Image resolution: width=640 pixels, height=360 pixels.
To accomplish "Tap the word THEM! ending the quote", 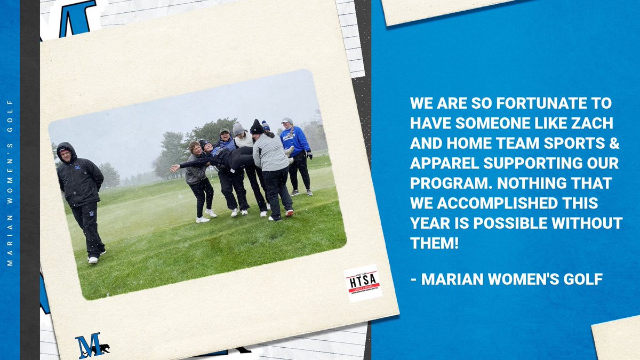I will tap(431, 243).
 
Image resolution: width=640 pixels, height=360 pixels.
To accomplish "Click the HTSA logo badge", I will tap(363, 283).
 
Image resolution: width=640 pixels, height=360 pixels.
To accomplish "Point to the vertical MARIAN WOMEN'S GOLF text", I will tap(10, 181).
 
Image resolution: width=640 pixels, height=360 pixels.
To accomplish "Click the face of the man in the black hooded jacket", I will tap(65, 154).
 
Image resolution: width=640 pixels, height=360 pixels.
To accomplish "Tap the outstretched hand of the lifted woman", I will tap(173, 168).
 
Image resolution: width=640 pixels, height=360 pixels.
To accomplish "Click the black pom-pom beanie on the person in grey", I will tap(257, 127).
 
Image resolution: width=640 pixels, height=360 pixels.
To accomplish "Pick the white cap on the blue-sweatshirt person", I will tap(287, 121).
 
